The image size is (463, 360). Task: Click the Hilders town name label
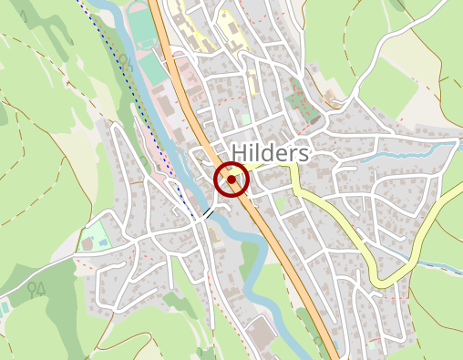pos(271,152)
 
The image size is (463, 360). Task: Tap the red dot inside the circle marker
pos(231,180)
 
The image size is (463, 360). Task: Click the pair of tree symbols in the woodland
pos(36,290)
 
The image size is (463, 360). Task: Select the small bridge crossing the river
pos(211,212)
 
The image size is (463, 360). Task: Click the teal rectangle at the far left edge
pos(5,307)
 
